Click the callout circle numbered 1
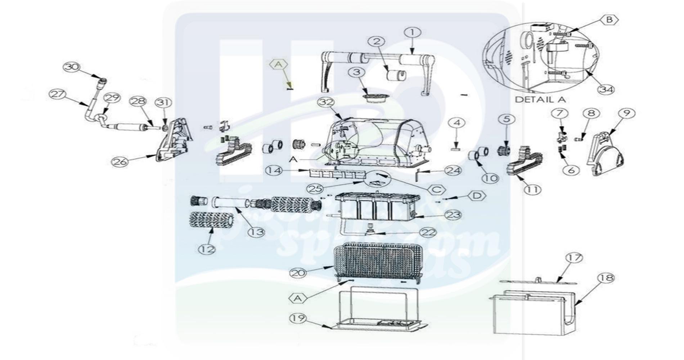413,33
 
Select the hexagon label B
609,20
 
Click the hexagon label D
477,196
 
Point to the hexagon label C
437,190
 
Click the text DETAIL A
540,99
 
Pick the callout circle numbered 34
606,90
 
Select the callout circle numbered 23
453,215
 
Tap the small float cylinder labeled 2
396,76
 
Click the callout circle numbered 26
120,162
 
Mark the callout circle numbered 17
574,258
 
